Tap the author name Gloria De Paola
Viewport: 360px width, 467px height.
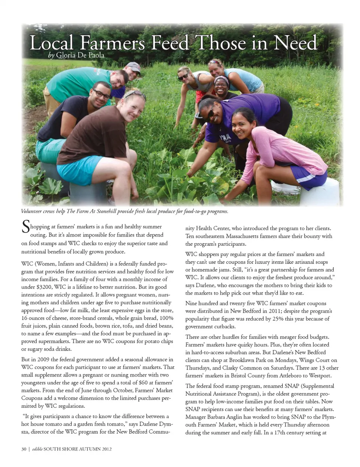pos(80,55)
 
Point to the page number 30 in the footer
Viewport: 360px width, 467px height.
pos(24,449)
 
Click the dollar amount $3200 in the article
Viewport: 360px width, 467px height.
pos(44,287)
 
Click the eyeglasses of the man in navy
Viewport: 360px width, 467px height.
pos(101,93)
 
